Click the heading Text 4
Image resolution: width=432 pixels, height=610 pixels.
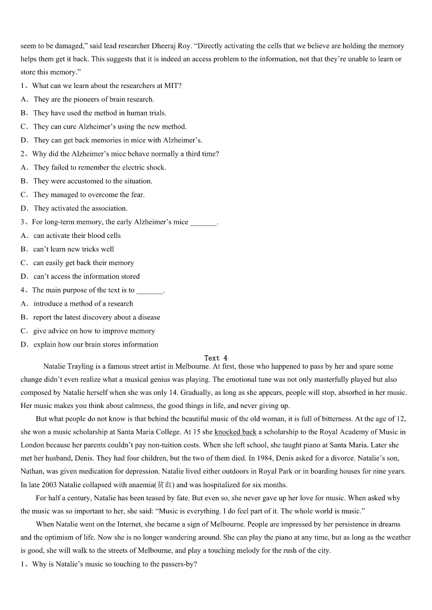[216, 358]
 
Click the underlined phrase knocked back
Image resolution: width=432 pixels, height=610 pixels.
[235, 432]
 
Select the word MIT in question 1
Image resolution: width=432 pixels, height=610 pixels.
[175, 86]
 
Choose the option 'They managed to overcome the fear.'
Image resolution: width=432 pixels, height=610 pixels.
[89, 194]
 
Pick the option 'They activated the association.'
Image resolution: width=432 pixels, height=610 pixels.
[80, 208]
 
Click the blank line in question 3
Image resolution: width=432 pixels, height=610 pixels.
[203, 222]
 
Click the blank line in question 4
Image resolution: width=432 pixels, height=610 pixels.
[150, 291]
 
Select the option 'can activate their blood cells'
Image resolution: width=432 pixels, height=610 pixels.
[77, 235]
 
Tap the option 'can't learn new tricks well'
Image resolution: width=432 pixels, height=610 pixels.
[73, 249]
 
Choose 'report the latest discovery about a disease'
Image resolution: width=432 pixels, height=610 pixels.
[96, 317]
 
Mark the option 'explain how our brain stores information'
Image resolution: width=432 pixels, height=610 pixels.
[96, 344]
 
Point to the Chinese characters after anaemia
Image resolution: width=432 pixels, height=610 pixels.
[164, 485]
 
